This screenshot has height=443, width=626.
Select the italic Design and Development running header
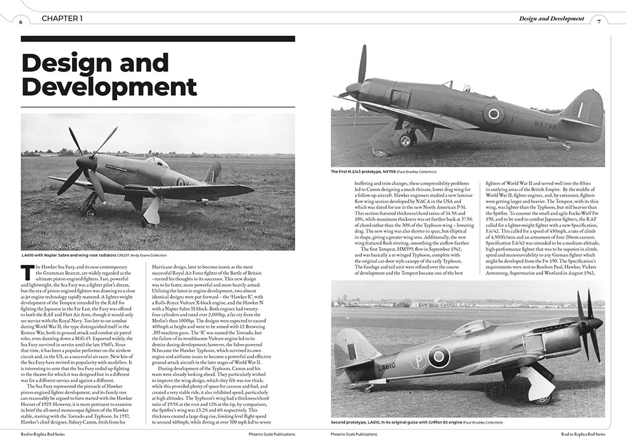552,19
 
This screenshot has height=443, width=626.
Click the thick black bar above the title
158,39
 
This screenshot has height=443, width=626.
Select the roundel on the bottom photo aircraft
438,357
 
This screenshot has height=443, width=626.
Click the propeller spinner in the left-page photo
85,164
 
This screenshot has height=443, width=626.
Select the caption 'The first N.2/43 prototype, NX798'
383,171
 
